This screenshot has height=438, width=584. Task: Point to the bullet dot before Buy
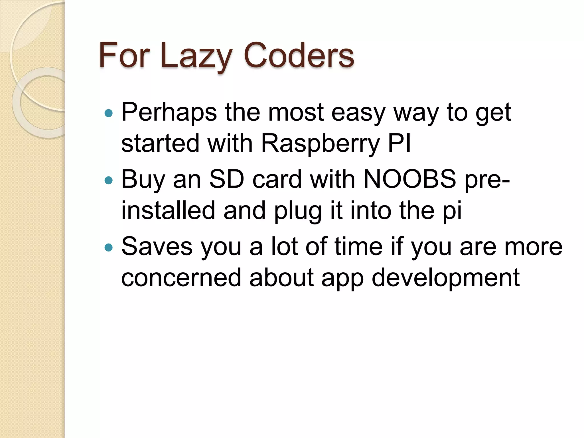[x=109, y=180]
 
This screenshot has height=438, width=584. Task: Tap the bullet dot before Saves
[x=109, y=247]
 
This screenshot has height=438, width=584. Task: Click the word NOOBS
[x=410, y=180]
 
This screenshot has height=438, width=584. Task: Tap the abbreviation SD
[x=227, y=180]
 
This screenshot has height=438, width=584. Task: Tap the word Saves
[x=157, y=247]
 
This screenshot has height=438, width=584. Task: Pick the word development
[x=446, y=278]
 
